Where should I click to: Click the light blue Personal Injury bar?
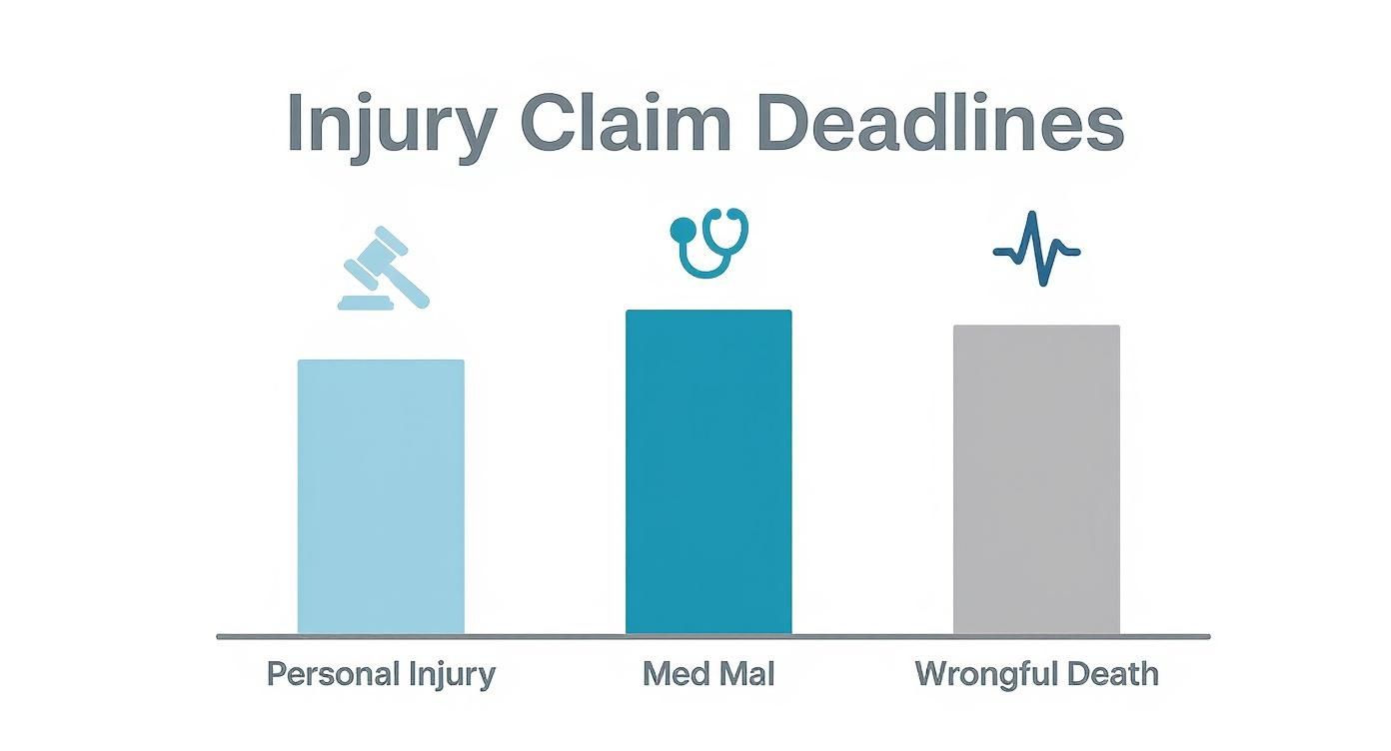click(x=381, y=496)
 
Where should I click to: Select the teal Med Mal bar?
click(x=708, y=471)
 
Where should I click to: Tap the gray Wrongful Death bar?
click(x=1036, y=479)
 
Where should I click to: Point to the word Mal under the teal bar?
click(x=746, y=674)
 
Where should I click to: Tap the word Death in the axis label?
click(x=1112, y=674)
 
